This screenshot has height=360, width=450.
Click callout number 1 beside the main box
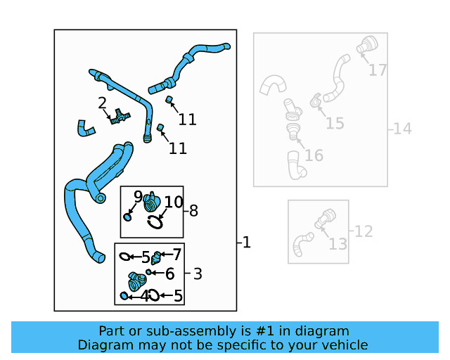point(246,243)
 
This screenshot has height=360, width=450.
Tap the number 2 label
point(103,103)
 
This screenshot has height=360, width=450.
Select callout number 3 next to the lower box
point(198,274)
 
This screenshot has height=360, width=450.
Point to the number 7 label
point(176,255)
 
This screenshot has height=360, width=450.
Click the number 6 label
point(169,274)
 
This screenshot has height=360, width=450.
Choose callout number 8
point(193,210)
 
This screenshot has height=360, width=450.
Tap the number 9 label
point(138,196)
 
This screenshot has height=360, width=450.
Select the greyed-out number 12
point(364,231)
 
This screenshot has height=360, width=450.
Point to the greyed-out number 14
point(402,129)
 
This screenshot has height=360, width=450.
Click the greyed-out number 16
point(314,155)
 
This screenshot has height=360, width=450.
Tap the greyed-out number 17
point(378,70)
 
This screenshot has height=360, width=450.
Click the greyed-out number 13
point(338,243)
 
